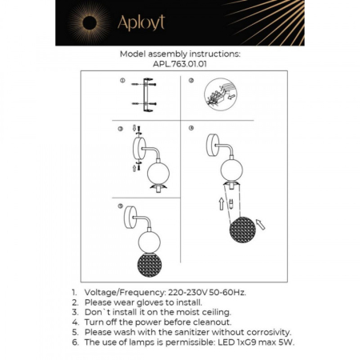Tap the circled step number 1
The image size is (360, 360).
pyautogui.click(x=122, y=82)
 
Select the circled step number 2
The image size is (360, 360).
pyautogui.click(x=191, y=82)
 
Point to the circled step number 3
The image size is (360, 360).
pyautogui.click(x=121, y=129)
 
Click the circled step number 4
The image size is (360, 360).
pyautogui.click(x=191, y=129)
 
